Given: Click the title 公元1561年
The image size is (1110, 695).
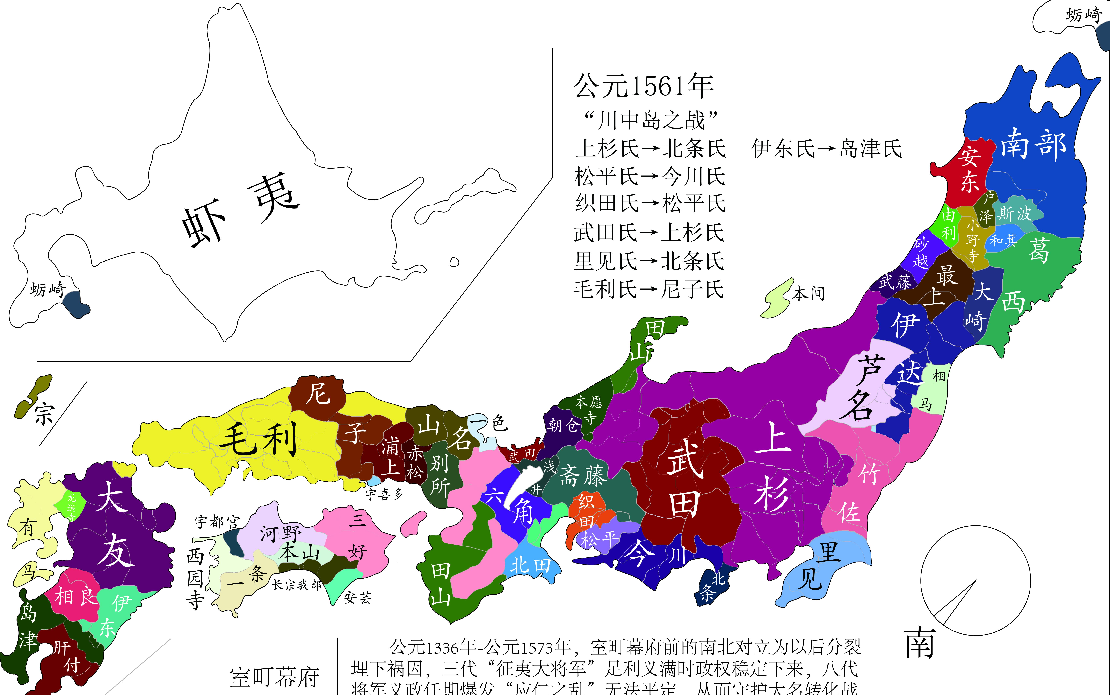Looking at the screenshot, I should click(x=644, y=86).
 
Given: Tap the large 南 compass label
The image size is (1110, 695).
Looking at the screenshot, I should click(x=920, y=644).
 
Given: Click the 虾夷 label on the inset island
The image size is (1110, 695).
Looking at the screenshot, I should click(x=239, y=211).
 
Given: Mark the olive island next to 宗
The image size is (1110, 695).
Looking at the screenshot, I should click(x=33, y=396).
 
